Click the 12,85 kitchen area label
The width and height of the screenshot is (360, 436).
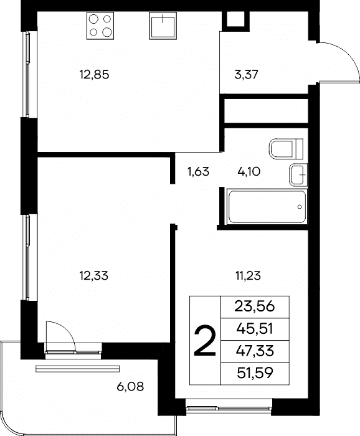coord(94,75)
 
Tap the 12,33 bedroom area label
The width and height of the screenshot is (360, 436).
coord(93,276)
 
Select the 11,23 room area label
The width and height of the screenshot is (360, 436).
coord(249,276)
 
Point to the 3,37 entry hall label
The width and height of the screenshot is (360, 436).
coord(246,75)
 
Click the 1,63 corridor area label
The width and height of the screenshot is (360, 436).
coord(198,171)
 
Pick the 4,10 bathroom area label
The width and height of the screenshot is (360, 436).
coord(249,171)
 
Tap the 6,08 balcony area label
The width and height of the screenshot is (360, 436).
coord(130,387)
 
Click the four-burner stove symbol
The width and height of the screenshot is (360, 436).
coord(100,26)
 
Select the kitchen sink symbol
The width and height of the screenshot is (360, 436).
coord(163,26)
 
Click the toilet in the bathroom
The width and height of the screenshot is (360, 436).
coord(286,149)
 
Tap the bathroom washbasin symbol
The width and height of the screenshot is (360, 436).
coord(298,175)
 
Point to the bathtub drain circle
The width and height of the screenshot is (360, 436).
coord(300,207)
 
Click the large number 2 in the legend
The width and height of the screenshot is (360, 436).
coord(205,341)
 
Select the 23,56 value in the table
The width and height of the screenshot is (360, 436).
coord(255,306)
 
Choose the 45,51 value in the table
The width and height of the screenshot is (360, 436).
coord(255,329)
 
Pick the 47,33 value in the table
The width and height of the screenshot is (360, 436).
coord(255,351)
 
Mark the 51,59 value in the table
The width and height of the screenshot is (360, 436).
coord(255,373)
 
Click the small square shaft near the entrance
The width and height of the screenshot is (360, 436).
coord(236,19)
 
